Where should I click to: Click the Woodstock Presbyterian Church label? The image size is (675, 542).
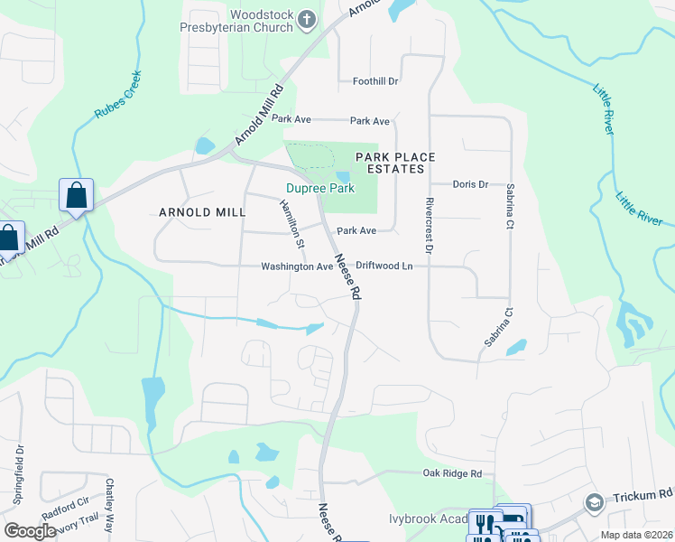coord(261,21)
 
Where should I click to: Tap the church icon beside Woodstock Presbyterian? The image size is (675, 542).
coord(307,18)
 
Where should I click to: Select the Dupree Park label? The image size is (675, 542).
coord(320,189)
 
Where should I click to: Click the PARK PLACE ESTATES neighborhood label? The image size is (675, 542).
coord(394,163)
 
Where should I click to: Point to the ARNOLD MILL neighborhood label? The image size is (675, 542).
coord(201,212)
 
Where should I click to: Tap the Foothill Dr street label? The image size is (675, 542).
coord(375,81)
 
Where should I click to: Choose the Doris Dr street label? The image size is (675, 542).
coord(470,184)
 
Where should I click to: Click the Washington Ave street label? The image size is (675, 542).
coord(297,266)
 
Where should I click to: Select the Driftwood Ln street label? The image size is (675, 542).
coord(384,266)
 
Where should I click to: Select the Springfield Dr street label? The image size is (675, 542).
coord(17,472)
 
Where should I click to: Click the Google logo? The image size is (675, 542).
coord(29,531)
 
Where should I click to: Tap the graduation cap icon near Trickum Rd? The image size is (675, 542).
coord(594,502)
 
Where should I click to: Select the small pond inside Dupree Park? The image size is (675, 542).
coord(342,178)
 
